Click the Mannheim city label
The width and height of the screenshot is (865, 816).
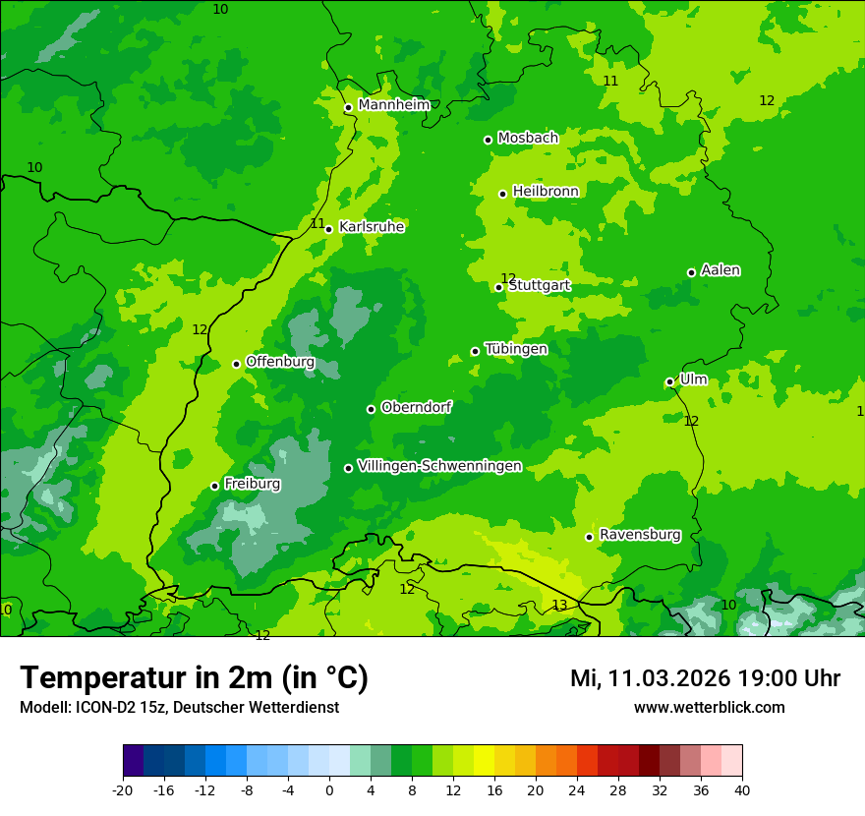tap(393, 105)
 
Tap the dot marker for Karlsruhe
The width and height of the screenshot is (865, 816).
tap(328, 229)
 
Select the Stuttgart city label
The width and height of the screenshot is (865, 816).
tap(539, 286)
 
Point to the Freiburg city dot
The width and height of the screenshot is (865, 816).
tap(214, 486)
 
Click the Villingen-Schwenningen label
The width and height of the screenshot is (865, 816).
tap(439, 466)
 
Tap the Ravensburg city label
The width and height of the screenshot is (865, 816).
tap(640, 535)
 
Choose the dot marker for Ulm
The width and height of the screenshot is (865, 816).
tap(669, 381)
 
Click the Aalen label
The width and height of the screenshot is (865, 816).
tap(721, 270)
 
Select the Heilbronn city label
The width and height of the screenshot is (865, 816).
tap(546, 191)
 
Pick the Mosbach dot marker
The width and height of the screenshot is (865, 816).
tap(488, 140)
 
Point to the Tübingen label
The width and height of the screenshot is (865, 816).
tap(516, 349)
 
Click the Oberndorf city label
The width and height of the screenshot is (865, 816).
tap(417, 407)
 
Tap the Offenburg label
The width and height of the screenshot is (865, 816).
tap(280, 362)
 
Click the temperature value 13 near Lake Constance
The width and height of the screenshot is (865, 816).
tap(559, 606)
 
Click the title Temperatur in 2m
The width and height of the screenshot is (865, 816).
tap(194, 677)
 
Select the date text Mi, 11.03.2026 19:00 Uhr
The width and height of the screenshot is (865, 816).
tap(705, 678)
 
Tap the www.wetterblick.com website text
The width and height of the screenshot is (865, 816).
tap(709, 708)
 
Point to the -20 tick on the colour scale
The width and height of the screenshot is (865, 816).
tap(123, 789)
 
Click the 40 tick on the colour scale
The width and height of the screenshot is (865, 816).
tap(741, 789)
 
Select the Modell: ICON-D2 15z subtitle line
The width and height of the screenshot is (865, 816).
tap(179, 708)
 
